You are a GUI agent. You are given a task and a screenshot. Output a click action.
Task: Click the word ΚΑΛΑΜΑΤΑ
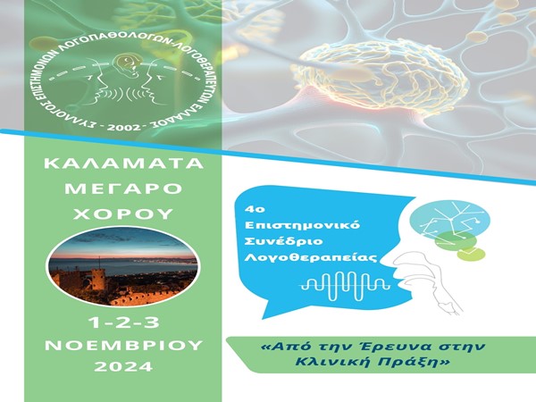point(124,163)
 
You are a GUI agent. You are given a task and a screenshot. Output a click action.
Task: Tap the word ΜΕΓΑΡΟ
point(124,188)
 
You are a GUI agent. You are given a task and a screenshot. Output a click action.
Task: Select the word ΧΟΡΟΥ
point(123,214)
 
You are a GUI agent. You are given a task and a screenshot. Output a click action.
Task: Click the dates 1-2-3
point(124,322)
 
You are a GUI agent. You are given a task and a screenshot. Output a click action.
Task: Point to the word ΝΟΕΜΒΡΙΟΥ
point(124,345)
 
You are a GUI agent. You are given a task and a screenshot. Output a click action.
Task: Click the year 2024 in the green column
point(123,367)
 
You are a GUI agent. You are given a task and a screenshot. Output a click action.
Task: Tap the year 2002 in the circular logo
point(124,128)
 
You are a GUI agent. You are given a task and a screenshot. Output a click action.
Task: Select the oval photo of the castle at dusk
point(123,266)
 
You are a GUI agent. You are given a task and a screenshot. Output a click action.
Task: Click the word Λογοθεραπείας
point(311,257)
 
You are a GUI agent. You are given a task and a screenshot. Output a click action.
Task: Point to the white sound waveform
point(345,284)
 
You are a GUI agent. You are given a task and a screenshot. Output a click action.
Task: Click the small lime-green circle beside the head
point(472,254)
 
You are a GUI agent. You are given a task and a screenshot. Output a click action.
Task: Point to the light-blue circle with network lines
point(449,221)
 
